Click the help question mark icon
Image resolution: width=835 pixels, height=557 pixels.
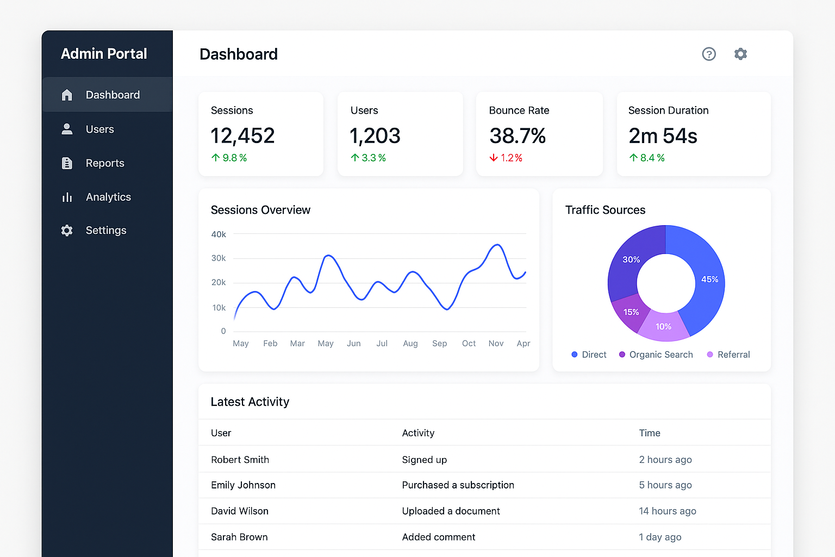[x=709, y=54]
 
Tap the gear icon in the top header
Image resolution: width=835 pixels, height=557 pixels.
[x=740, y=54]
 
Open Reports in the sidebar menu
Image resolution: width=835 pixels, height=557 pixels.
[x=104, y=163]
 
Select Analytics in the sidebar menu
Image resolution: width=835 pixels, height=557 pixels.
[x=108, y=197]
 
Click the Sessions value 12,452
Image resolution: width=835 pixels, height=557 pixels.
[x=242, y=136]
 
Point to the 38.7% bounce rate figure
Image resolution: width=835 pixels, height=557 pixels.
[x=518, y=136]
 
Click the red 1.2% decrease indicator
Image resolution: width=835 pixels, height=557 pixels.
[x=506, y=158]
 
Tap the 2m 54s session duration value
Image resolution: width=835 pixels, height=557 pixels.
[x=663, y=136]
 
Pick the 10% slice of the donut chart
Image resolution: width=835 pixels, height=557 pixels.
[x=663, y=326]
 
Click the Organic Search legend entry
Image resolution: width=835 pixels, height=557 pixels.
[x=656, y=355]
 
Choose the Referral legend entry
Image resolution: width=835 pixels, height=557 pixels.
[x=728, y=355]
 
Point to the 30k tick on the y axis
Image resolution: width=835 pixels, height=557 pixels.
[x=219, y=258]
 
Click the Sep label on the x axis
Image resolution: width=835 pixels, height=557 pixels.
[x=439, y=343]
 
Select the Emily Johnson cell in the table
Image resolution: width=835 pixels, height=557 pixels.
[x=243, y=485]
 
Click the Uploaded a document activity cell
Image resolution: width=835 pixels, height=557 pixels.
[x=451, y=511]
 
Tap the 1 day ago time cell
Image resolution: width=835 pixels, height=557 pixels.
[x=660, y=537]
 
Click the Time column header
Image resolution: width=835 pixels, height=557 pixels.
[x=650, y=433]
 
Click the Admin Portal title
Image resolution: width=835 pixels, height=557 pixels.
[x=104, y=54]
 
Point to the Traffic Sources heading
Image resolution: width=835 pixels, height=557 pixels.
[x=605, y=210]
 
